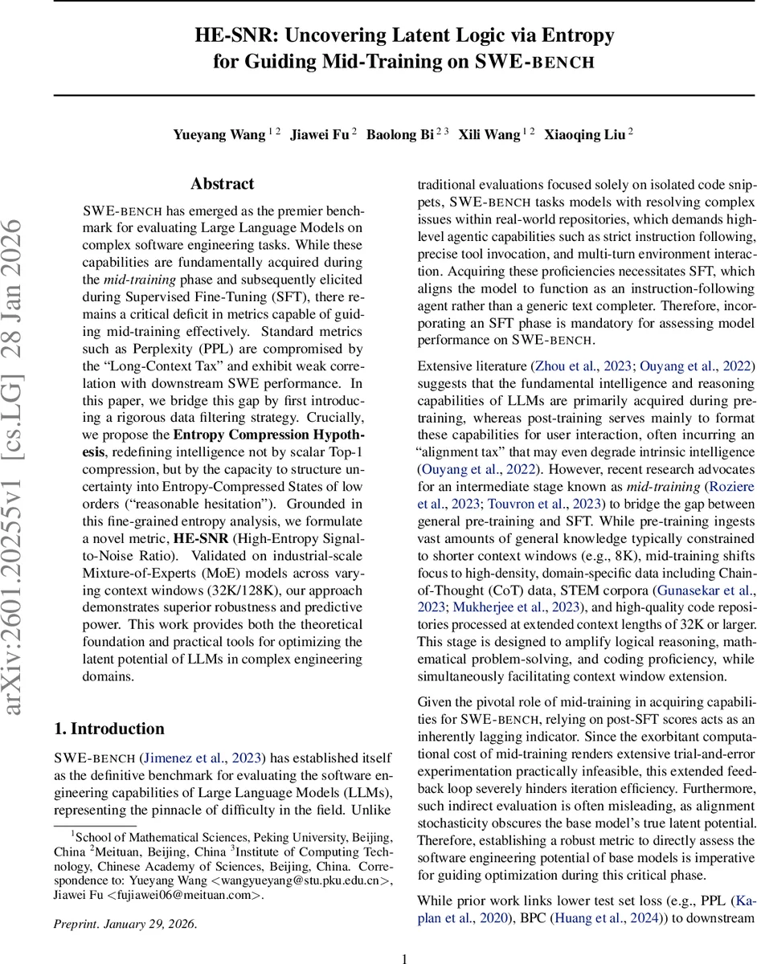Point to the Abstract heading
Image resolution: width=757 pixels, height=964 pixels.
click(223, 184)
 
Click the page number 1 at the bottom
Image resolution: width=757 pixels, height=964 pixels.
click(405, 958)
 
